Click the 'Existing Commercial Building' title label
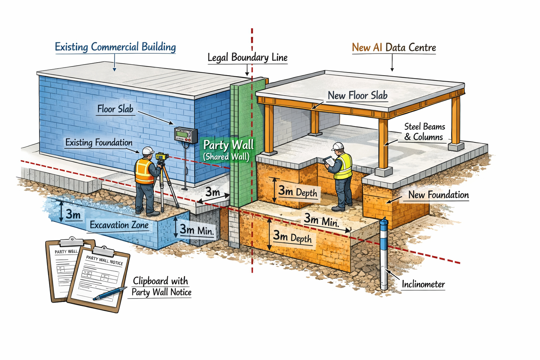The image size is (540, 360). (115, 47)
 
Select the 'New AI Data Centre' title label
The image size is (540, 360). (394, 47)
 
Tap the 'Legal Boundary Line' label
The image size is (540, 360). (247, 58)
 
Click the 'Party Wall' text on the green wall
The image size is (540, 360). (228, 145)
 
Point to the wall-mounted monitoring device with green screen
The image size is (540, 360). (186, 135)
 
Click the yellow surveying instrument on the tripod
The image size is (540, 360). (162, 156)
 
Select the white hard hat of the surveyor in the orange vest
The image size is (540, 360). (148, 151)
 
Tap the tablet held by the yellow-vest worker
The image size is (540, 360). (329, 161)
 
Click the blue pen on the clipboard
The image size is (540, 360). (110, 294)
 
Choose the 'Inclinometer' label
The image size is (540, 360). (423, 284)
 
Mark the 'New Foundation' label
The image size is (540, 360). (438, 195)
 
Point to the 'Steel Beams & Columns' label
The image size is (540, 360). (424, 132)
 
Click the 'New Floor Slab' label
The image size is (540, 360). (357, 95)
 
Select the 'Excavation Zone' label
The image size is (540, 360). (119, 225)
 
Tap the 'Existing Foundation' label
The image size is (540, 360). (99, 142)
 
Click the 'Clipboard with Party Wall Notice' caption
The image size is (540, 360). (161, 287)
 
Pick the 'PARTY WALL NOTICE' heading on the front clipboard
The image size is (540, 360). (104, 260)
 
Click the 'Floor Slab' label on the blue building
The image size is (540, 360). (115, 109)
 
